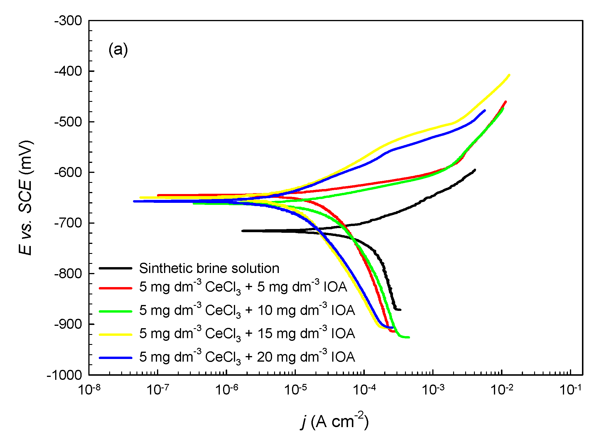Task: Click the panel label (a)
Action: (x=118, y=50)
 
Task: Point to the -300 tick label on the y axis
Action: (x=68, y=21)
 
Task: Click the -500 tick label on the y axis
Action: (x=68, y=122)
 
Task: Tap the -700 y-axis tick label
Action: (x=68, y=223)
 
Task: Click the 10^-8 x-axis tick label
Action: (x=89, y=390)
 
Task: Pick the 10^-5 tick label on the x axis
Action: (x=295, y=390)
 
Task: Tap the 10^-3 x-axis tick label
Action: (x=433, y=390)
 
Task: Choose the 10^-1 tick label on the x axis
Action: (x=570, y=390)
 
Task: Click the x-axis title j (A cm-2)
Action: (x=335, y=422)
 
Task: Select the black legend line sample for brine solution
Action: (x=116, y=268)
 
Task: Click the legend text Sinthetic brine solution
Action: (x=209, y=268)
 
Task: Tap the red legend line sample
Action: (x=116, y=288)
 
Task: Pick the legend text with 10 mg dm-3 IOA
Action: (x=247, y=311)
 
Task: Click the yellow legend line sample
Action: (x=116, y=334)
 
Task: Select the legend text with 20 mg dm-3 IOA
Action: (x=247, y=357)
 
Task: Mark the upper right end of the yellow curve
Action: (x=509, y=75)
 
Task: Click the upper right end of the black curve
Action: (x=475, y=170)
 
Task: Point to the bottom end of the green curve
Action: (x=409, y=337)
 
